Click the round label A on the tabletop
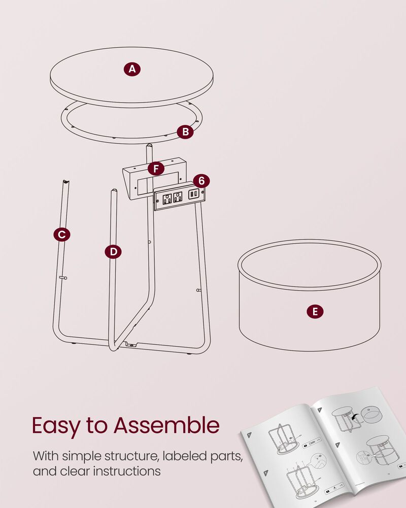132,69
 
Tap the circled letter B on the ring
186,132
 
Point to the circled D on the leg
113,251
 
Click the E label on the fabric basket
315,311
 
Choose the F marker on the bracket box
156,168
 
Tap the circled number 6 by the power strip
201,181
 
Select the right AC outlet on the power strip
177,197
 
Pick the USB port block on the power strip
193,195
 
